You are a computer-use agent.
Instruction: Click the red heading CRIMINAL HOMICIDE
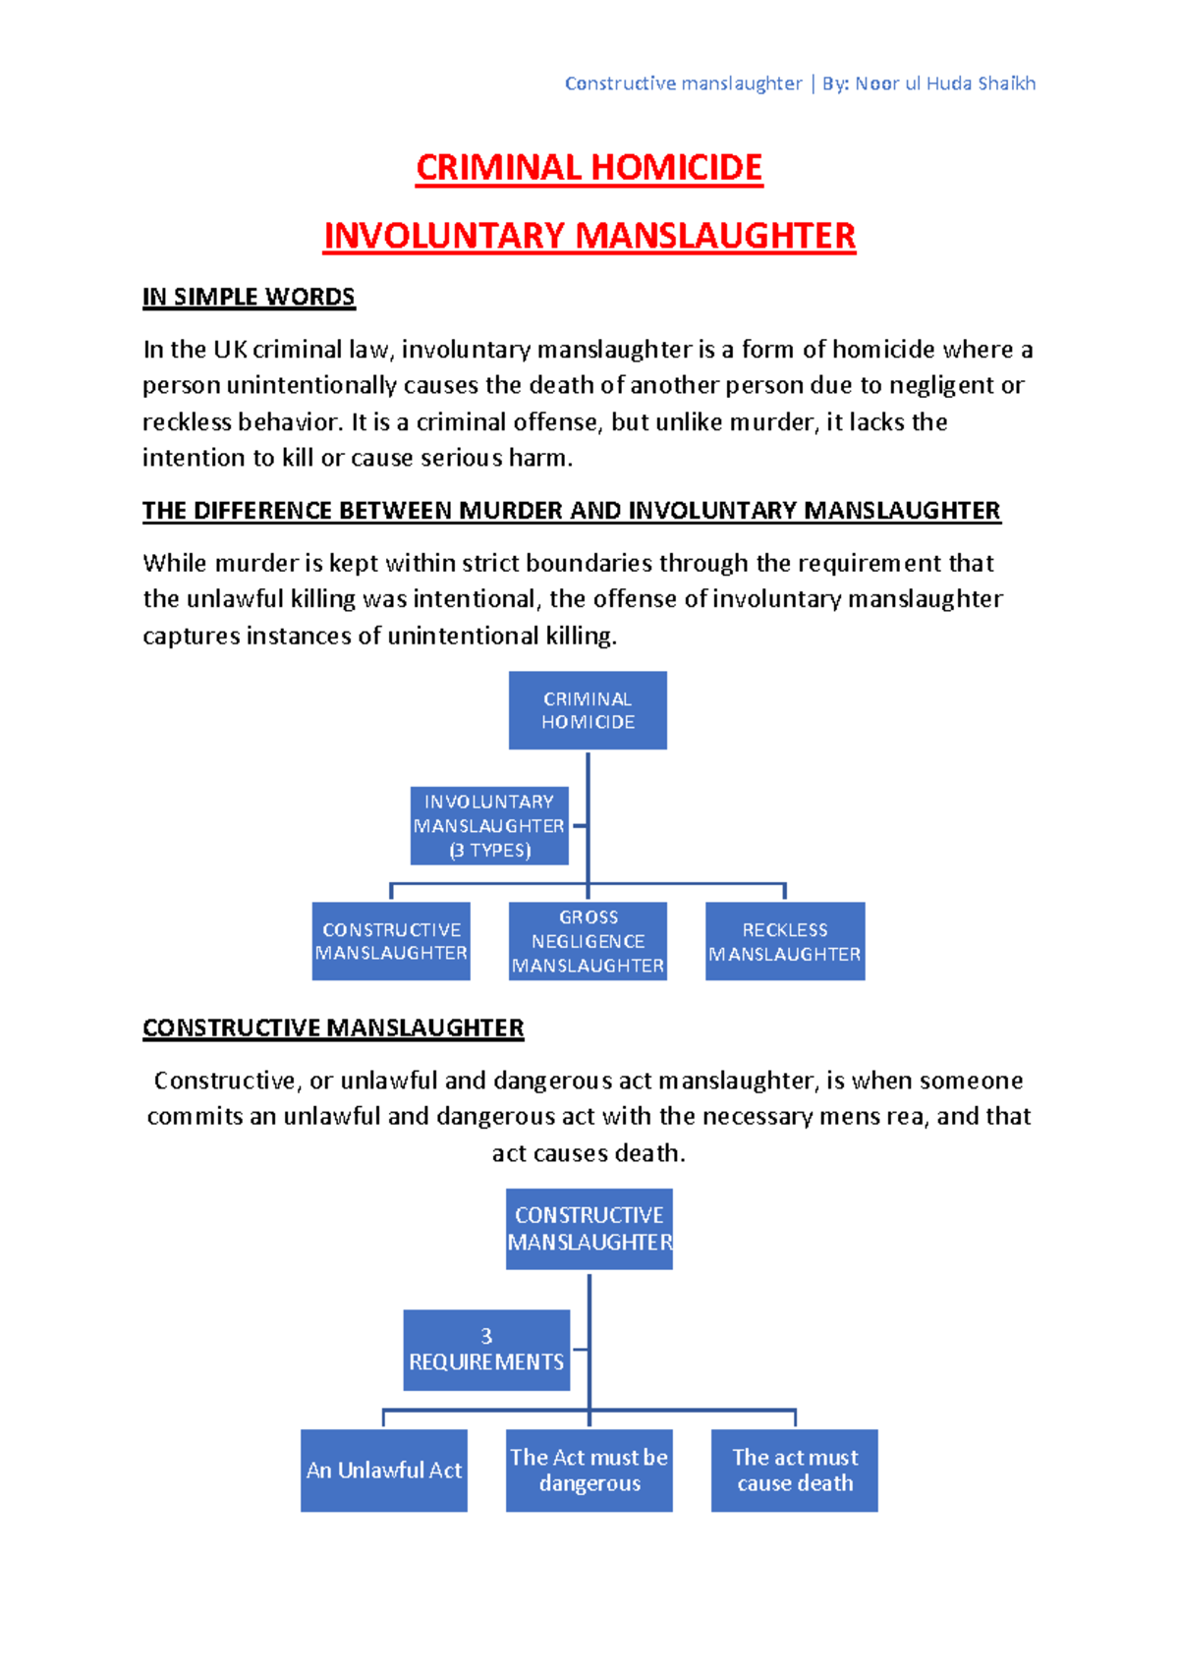[x=589, y=168]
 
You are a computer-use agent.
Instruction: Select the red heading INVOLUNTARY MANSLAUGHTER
[x=589, y=236]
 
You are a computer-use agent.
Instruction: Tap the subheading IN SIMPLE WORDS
[x=249, y=297]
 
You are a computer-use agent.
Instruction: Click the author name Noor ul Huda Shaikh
[x=945, y=83]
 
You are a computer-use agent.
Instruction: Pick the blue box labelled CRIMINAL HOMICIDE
[x=588, y=710]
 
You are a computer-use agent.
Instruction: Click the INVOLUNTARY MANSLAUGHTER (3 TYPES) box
[x=489, y=826]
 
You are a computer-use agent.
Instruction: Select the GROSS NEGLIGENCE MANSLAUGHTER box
[x=588, y=941]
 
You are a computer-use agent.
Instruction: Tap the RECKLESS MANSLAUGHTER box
[x=785, y=941]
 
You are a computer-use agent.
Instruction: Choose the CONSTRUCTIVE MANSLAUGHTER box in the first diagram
[x=391, y=941]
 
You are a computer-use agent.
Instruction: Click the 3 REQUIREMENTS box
[x=486, y=1350]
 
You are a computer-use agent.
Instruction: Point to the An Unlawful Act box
[x=384, y=1471]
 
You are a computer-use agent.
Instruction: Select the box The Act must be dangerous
[x=589, y=1471]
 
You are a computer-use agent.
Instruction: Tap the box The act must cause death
[x=795, y=1471]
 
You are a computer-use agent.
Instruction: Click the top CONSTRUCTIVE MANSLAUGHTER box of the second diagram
[x=589, y=1229]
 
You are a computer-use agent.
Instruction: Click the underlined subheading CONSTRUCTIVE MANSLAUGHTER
[x=333, y=1028]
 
